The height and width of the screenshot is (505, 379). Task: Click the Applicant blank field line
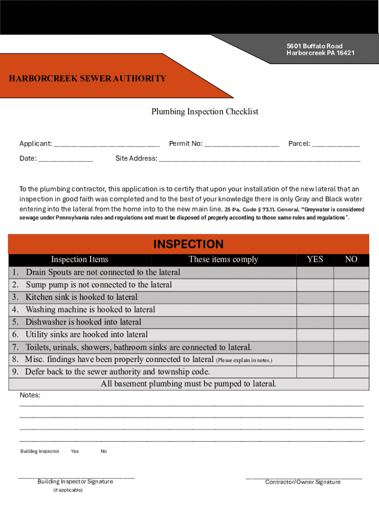click(x=107, y=144)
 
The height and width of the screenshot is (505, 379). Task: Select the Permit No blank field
click(x=242, y=144)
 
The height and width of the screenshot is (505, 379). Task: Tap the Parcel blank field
click(x=336, y=144)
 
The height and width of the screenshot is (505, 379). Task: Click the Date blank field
click(x=65, y=159)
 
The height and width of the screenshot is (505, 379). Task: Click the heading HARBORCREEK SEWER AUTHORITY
click(x=88, y=78)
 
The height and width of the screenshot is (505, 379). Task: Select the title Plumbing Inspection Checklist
click(x=204, y=111)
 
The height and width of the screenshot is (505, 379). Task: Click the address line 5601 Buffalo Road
click(x=315, y=46)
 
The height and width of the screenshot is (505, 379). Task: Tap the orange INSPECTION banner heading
click(x=189, y=244)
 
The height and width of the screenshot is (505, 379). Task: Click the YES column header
click(x=315, y=259)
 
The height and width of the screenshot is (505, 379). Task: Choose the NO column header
click(x=351, y=259)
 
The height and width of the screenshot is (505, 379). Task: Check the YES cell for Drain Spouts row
click(x=315, y=272)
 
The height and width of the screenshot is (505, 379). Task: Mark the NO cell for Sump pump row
click(x=351, y=285)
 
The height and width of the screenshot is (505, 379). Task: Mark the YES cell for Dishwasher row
click(x=315, y=323)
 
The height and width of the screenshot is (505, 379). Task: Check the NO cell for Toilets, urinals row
click(x=351, y=347)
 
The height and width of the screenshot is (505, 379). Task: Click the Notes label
click(x=30, y=395)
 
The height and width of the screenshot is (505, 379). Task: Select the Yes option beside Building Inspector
click(x=74, y=451)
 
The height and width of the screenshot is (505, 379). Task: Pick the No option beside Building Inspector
click(x=103, y=451)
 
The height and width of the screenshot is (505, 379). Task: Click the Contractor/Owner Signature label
click(x=303, y=482)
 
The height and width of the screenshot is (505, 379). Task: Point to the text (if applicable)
click(x=68, y=490)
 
